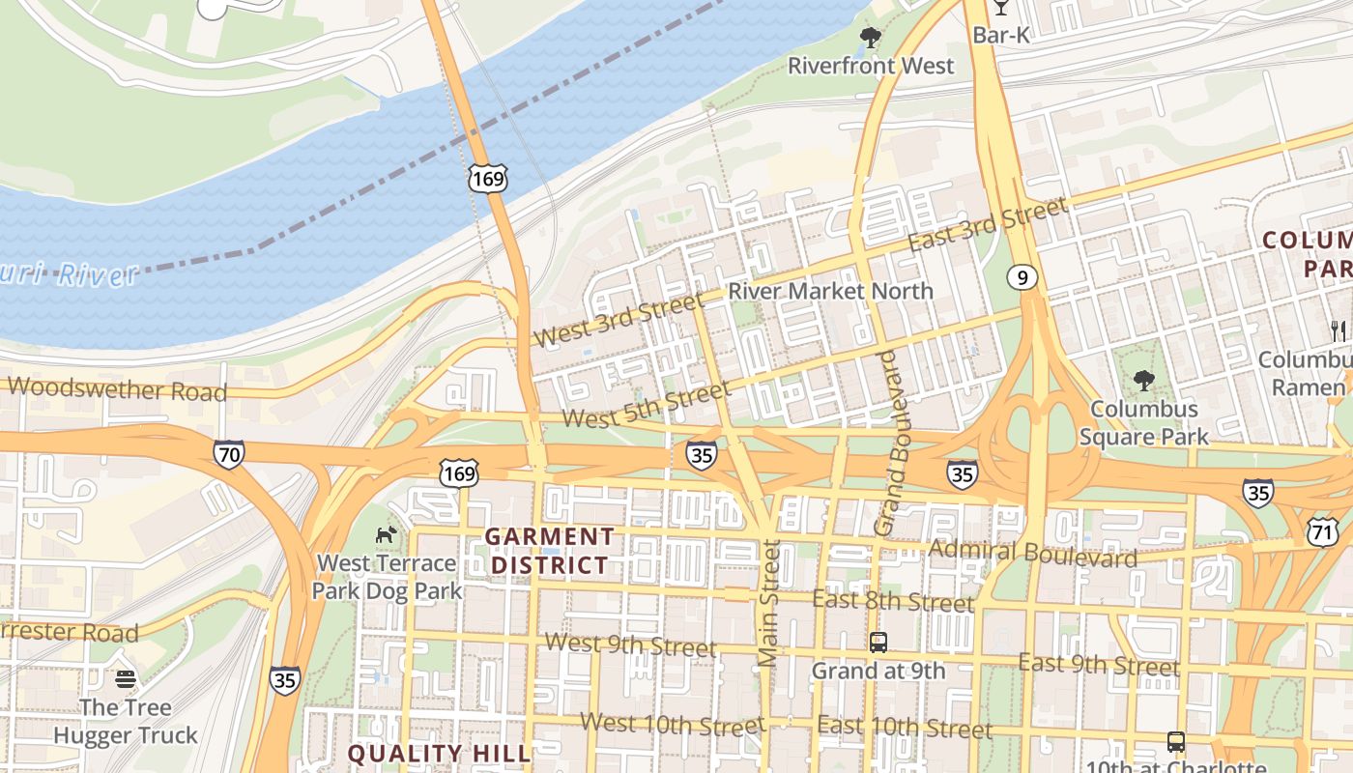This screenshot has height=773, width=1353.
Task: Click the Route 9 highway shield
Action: [1022, 278]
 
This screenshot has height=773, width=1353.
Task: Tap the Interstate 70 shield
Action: [229, 453]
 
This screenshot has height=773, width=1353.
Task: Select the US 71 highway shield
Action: [1322, 530]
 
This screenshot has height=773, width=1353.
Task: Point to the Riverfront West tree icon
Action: [870, 38]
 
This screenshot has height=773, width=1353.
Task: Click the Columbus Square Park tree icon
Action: [1144, 380]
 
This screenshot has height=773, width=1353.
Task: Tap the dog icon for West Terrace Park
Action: [386, 534]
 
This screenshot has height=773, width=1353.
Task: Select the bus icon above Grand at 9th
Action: [878, 642]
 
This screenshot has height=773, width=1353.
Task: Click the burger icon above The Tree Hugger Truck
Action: [125, 679]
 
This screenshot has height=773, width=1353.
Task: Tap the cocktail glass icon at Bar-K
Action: [1000, 7]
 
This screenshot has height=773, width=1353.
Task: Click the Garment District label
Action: [549, 550]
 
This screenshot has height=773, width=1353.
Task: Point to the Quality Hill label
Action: [440, 753]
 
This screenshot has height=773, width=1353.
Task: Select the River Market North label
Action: [830, 291]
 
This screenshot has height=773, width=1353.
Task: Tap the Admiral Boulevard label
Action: [1032, 554]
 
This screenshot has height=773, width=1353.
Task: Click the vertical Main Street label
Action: [768, 603]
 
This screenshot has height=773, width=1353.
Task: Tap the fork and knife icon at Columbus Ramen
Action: [1339, 330]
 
